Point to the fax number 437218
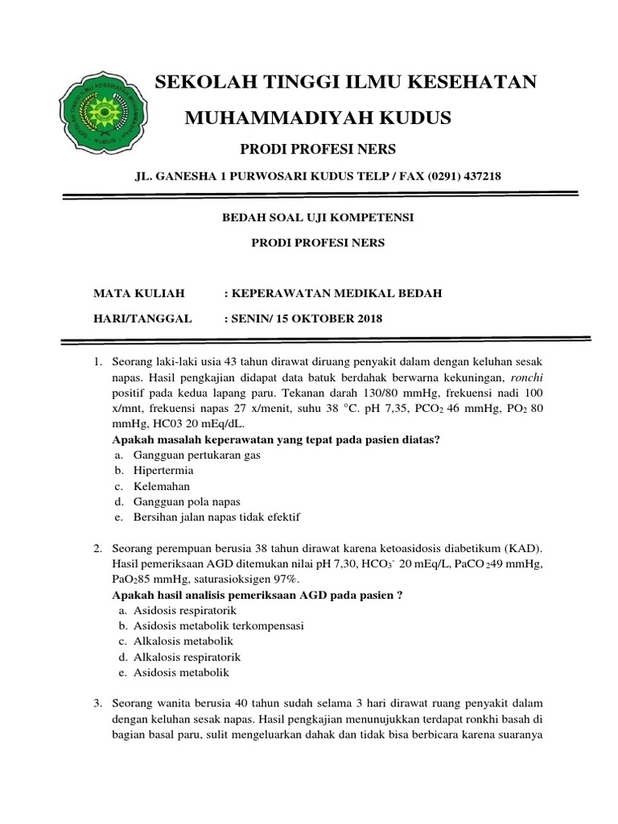tap(480, 176)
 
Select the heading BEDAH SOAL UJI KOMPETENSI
tap(319, 217)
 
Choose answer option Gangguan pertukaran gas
tap(198, 455)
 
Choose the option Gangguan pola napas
tap(187, 501)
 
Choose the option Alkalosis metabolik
tap(183, 641)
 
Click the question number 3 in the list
tap(97, 705)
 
